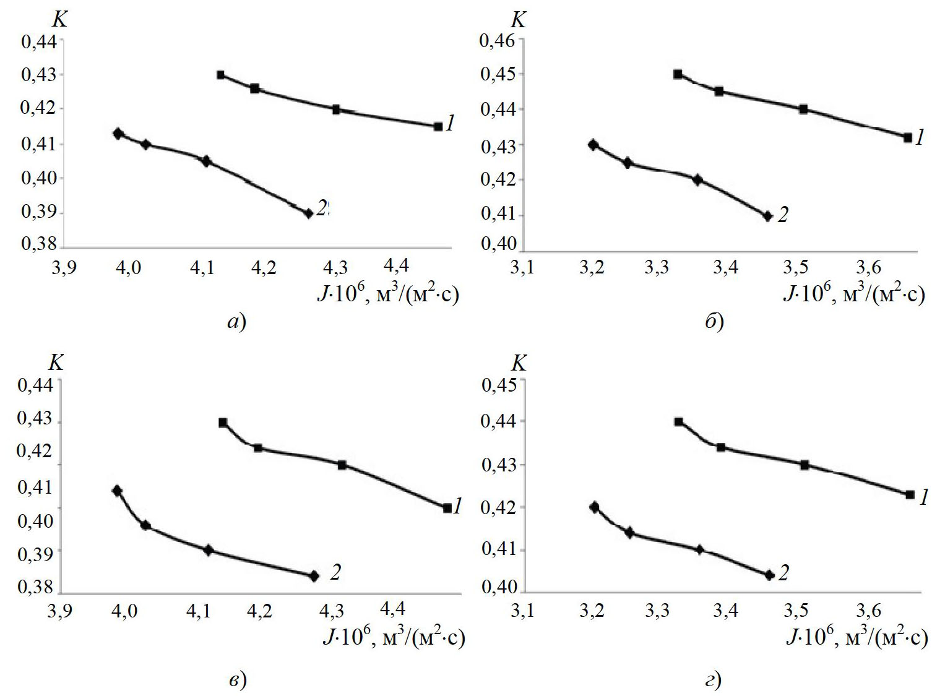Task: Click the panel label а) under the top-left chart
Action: coord(236,322)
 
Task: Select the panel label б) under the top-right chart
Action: coord(714,322)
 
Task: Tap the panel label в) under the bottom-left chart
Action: coord(237,680)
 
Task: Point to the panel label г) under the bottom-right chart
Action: coord(714,681)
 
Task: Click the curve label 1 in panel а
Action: coord(451,124)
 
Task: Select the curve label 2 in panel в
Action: coord(335,572)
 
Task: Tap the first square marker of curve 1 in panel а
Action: coord(220,75)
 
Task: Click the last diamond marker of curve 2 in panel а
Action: coord(308,213)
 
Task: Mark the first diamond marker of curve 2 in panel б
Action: coord(593,145)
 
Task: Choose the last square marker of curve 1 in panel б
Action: coord(908,137)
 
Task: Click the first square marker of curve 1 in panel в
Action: coord(223,423)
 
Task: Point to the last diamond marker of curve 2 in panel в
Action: coord(314,576)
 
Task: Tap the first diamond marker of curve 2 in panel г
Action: coord(595,507)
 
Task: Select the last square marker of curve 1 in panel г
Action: coord(910,494)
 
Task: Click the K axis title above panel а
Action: coord(59,20)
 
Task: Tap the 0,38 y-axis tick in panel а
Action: coord(38,245)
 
